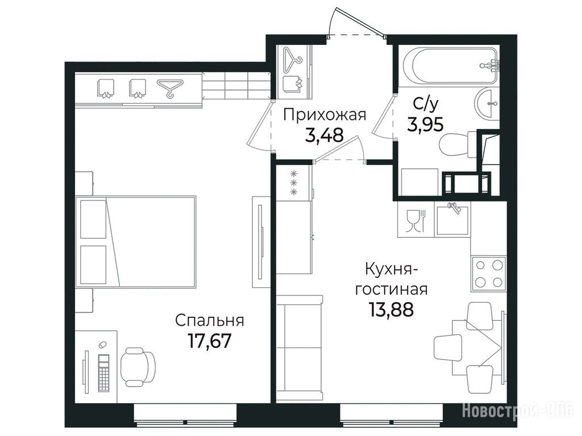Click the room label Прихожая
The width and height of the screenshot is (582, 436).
(325, 115)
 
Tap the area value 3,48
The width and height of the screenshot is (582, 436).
(324, 135)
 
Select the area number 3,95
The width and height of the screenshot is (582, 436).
(425, 124)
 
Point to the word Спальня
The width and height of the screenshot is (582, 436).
(210, 320)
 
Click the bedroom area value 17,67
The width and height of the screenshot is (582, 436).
(210, 341)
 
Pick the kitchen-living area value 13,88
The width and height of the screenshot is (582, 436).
(391, 309)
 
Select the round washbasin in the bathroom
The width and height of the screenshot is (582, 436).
(487, 104)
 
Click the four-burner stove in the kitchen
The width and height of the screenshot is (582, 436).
(488, 274)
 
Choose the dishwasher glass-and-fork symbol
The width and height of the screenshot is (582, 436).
(415, 220)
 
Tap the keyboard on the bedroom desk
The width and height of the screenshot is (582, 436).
(104, 372)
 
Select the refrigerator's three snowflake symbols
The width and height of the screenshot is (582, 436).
(294, 183)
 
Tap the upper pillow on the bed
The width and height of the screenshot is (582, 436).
(93, 219)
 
